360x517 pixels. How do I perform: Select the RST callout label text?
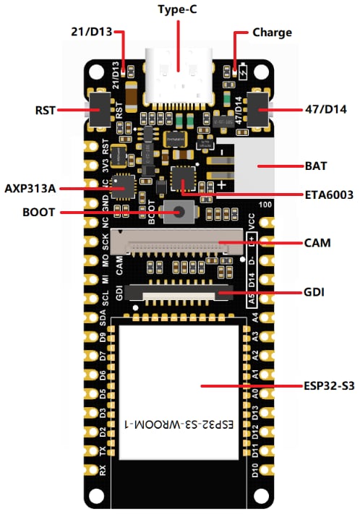(x=45, y=110)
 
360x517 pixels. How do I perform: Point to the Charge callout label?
(x=272, y=33)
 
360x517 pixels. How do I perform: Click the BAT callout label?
(x=316, y=165)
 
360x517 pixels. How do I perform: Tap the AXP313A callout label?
(x=30, y=188)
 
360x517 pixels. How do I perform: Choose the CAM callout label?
(x=317, y=243)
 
